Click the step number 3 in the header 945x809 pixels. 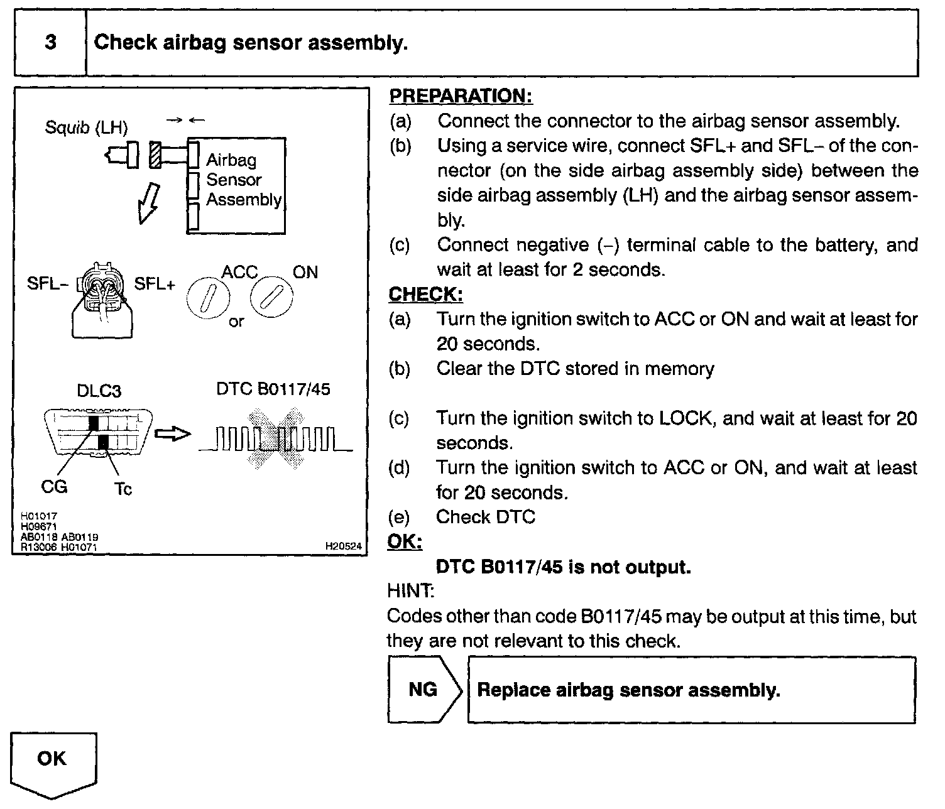point(50,42)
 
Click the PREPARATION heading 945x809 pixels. point(461,96)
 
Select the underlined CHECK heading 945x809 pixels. point(425,294)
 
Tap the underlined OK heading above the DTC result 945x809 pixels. point(405,541)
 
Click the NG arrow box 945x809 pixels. point(424,690)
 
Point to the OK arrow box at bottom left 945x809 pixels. point(53,761)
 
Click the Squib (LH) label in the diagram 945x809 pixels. point(86,128)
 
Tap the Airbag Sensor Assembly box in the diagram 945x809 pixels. point(237,185)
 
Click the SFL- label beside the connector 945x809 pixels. point(47,283)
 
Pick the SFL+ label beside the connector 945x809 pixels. point(155,284)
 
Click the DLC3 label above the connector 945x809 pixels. point(98,391)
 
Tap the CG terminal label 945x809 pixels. point(54,487)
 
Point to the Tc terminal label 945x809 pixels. point(123,489)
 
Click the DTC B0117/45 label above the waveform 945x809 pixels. point(273,389)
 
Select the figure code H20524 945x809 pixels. point(343,547)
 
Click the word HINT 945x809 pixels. point(411,591)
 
